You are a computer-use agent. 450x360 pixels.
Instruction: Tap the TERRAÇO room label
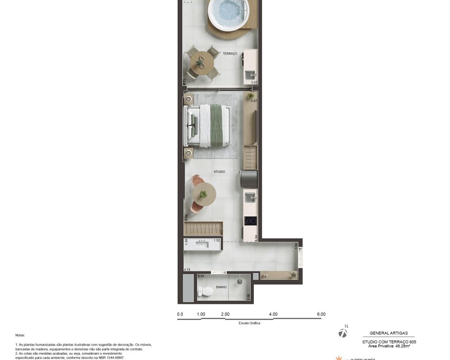tap(229, 54)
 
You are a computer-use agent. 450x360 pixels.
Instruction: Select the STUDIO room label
tap(219, 172)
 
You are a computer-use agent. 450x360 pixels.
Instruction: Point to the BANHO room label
tap(221, 287)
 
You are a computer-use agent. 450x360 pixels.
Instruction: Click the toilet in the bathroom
tap(206, 292)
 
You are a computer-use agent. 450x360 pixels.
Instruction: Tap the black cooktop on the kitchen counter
tap(250, 221)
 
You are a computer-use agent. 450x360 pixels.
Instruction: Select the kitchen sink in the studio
tap(250, 197)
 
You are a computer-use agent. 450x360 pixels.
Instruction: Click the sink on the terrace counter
tap(250, 74)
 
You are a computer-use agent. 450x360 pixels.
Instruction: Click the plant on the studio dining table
tap(203, 194)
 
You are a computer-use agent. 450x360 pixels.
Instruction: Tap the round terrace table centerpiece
tap(200, 63)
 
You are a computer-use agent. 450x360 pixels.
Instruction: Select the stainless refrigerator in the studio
tap(249, 179)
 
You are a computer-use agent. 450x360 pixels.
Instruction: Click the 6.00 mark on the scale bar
tap(321, 315)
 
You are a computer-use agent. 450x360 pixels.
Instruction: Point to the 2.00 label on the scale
tap(225, 315)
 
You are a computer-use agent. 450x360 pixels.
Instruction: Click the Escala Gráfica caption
tap(249, 323)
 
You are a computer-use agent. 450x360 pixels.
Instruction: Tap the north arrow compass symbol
tap(343, 333)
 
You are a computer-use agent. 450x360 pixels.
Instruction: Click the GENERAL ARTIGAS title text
tap(389, 333)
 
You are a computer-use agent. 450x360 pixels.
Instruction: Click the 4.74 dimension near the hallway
tap(188, 270)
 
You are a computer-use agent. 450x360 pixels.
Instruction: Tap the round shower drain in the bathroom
tap(240, 282)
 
